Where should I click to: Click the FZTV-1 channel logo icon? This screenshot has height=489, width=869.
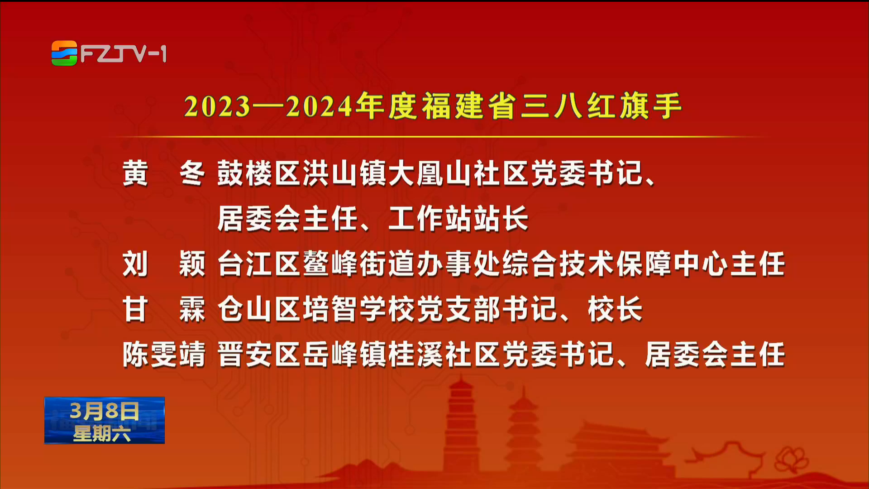coord(64,53)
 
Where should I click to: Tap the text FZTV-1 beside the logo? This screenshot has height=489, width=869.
coord(124,54)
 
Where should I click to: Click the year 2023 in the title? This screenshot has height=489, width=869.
coord(217,107)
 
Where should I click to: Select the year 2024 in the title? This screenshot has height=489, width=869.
coord(319,107)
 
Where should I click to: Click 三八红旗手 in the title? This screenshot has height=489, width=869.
coord(602,106)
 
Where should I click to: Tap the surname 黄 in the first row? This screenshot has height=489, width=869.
coord(135,173)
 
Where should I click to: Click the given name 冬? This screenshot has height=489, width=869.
coord(192,173)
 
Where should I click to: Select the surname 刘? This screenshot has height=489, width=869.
coord(135,264)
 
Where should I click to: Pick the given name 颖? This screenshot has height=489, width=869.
coord(192,264)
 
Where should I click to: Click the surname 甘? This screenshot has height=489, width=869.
coord(135,309)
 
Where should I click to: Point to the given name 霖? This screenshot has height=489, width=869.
coord(192,309)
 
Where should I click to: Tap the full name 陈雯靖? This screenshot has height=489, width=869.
coord(164,354)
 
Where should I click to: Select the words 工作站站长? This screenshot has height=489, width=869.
coord(458,218)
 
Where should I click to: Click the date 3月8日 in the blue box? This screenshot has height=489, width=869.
coord(105,411)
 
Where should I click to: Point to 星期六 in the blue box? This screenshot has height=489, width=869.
coord(102,433)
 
